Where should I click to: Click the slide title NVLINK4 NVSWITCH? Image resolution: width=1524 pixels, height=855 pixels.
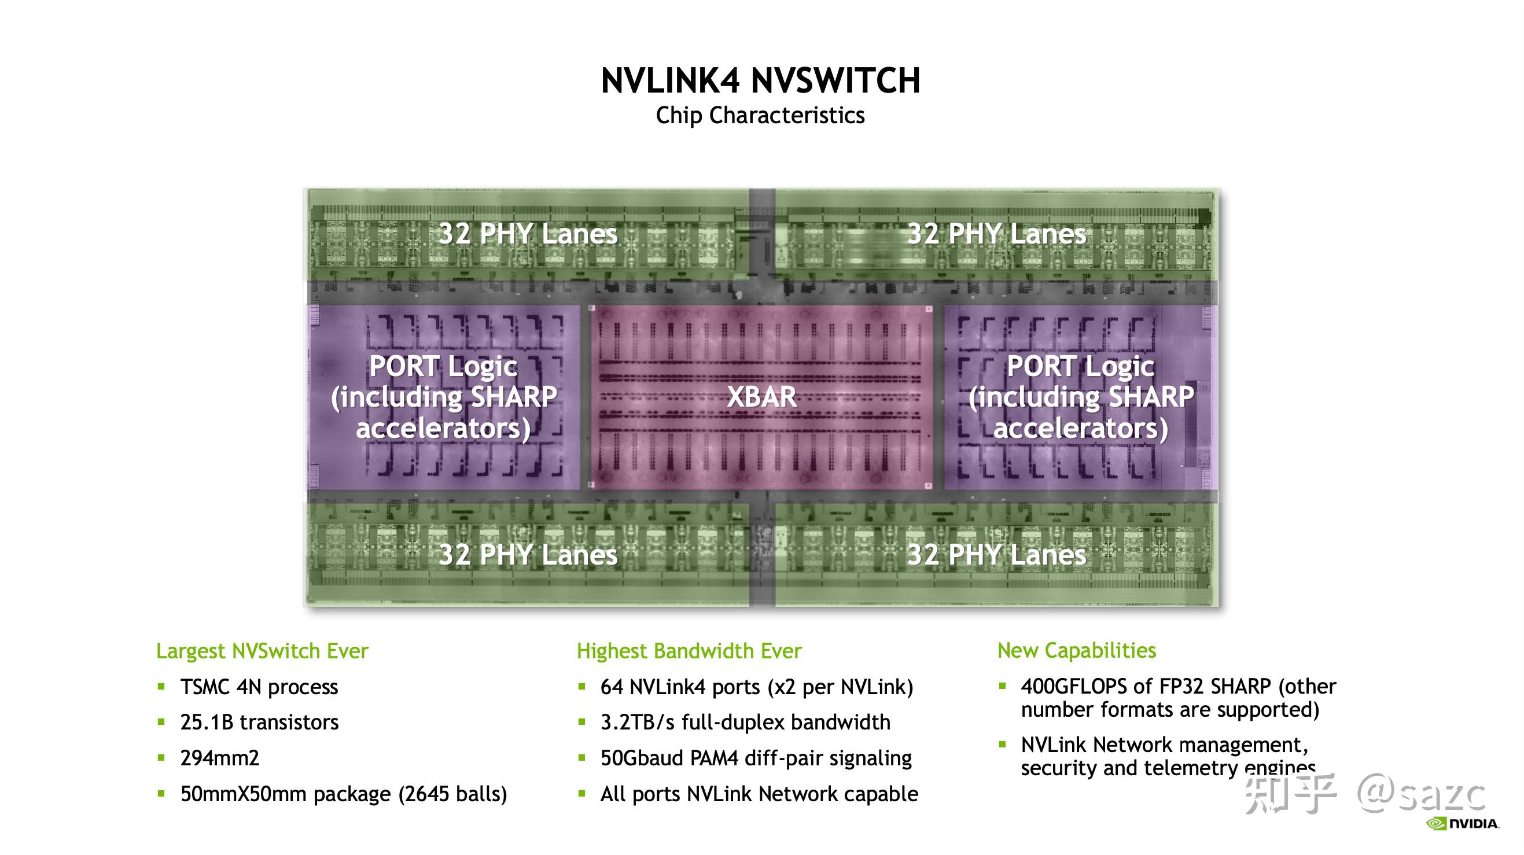click(760, 80)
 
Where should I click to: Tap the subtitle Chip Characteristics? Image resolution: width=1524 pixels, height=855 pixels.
click(760, 115)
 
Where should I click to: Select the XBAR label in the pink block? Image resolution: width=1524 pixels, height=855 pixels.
click(761, 396)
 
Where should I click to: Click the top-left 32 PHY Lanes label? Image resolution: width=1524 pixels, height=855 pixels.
click(528, 234)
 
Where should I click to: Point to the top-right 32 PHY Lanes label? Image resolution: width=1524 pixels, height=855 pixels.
click(996, 234)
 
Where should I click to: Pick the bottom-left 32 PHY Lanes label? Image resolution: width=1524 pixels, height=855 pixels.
click(528, 555)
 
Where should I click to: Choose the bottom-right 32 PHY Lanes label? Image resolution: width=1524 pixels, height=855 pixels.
click(996, 555)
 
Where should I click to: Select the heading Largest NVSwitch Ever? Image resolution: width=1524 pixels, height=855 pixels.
click(262, 651)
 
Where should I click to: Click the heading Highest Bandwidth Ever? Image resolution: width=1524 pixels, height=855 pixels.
click(689, 651)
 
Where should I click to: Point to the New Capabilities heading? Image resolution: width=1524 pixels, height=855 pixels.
click(1076, 650)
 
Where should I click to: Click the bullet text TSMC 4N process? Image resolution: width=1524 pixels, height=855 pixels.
click(259, 687)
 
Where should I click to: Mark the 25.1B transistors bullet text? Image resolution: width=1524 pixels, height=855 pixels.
click(259, 723)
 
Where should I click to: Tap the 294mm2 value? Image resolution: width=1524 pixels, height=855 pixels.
click(219, 758)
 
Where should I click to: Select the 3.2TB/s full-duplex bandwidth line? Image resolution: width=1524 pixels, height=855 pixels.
click(745, 723)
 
